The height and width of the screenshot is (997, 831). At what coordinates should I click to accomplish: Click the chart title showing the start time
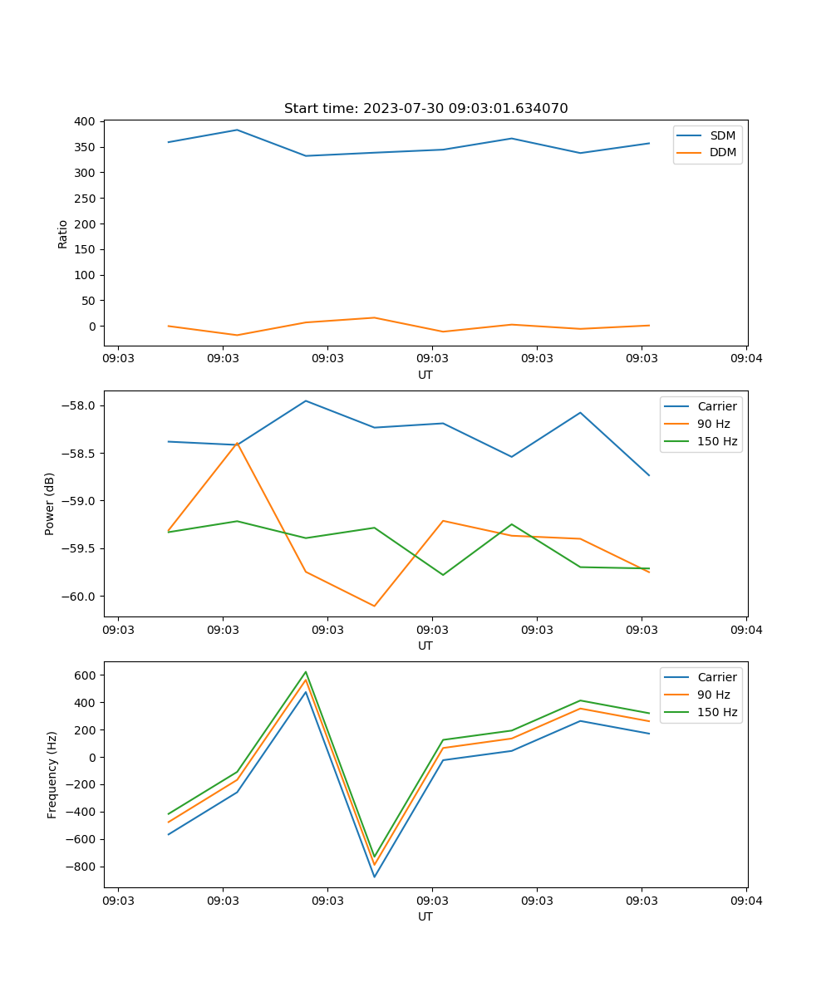click(x=425, y=109)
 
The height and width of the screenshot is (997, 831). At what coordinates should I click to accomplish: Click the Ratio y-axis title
click(x=63, y=233)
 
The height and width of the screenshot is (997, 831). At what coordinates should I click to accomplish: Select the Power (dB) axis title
click(x=50, y=503)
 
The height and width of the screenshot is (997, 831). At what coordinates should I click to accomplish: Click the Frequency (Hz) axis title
click(x=52, y=775)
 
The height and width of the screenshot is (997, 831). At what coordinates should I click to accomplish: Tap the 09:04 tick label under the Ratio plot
click(x=745, y=360)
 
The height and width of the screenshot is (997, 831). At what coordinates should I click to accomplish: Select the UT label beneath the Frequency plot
click(x=425, y=916)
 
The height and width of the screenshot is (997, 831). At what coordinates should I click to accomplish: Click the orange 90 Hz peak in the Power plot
click(x=238, y=443)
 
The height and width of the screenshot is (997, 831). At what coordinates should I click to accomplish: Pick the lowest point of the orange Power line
click(x=374, y=606)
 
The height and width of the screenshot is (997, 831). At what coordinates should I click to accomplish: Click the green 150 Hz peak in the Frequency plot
click(x=306, y=672)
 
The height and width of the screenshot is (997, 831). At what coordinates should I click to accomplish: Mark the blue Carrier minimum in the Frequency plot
click(x=374, y=877)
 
